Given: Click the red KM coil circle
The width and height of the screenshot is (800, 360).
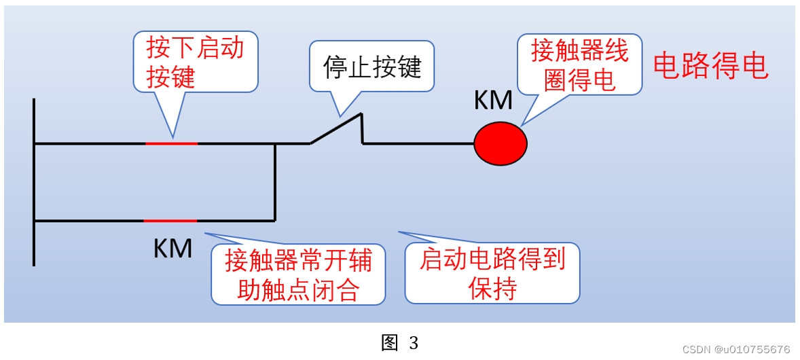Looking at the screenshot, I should (x=500, y=143).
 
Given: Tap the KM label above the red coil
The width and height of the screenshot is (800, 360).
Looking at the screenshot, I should (x=492, y=101).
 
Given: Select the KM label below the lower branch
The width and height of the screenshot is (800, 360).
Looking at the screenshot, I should (x=172, y=248).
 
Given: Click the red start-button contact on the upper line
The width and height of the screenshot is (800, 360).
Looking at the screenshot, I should (x=172, y=143).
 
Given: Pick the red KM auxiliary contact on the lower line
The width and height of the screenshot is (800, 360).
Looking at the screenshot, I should (x=170, y=221).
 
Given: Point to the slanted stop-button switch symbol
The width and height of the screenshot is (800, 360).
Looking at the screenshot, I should (x=337, y=129).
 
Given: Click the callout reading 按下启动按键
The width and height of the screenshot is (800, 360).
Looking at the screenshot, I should (x=195, y=62).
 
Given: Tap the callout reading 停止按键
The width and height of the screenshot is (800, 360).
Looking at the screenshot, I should (x=371, y=67).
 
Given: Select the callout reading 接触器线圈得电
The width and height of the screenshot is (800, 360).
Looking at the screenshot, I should (x=579, y=65).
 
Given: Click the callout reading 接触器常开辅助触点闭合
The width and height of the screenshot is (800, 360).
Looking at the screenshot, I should (x=298, y=274).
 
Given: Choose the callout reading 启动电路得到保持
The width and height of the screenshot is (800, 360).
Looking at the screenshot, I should (x=492, y=273).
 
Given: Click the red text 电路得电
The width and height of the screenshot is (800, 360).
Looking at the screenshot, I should (x=710, y=67).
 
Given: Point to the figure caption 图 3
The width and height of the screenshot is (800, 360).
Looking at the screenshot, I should (x=399, y=343).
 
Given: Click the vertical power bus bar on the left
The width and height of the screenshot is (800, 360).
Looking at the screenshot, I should (x=33, y=181).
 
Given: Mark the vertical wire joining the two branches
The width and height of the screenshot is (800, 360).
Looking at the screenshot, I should (x=274, y=182).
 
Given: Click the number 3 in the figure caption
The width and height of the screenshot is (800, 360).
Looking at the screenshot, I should (x=414, y=343).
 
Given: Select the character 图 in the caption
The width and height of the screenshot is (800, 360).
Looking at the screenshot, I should (x=389, y=343).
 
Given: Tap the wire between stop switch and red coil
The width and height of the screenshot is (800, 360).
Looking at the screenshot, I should (x=418, y=143).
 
